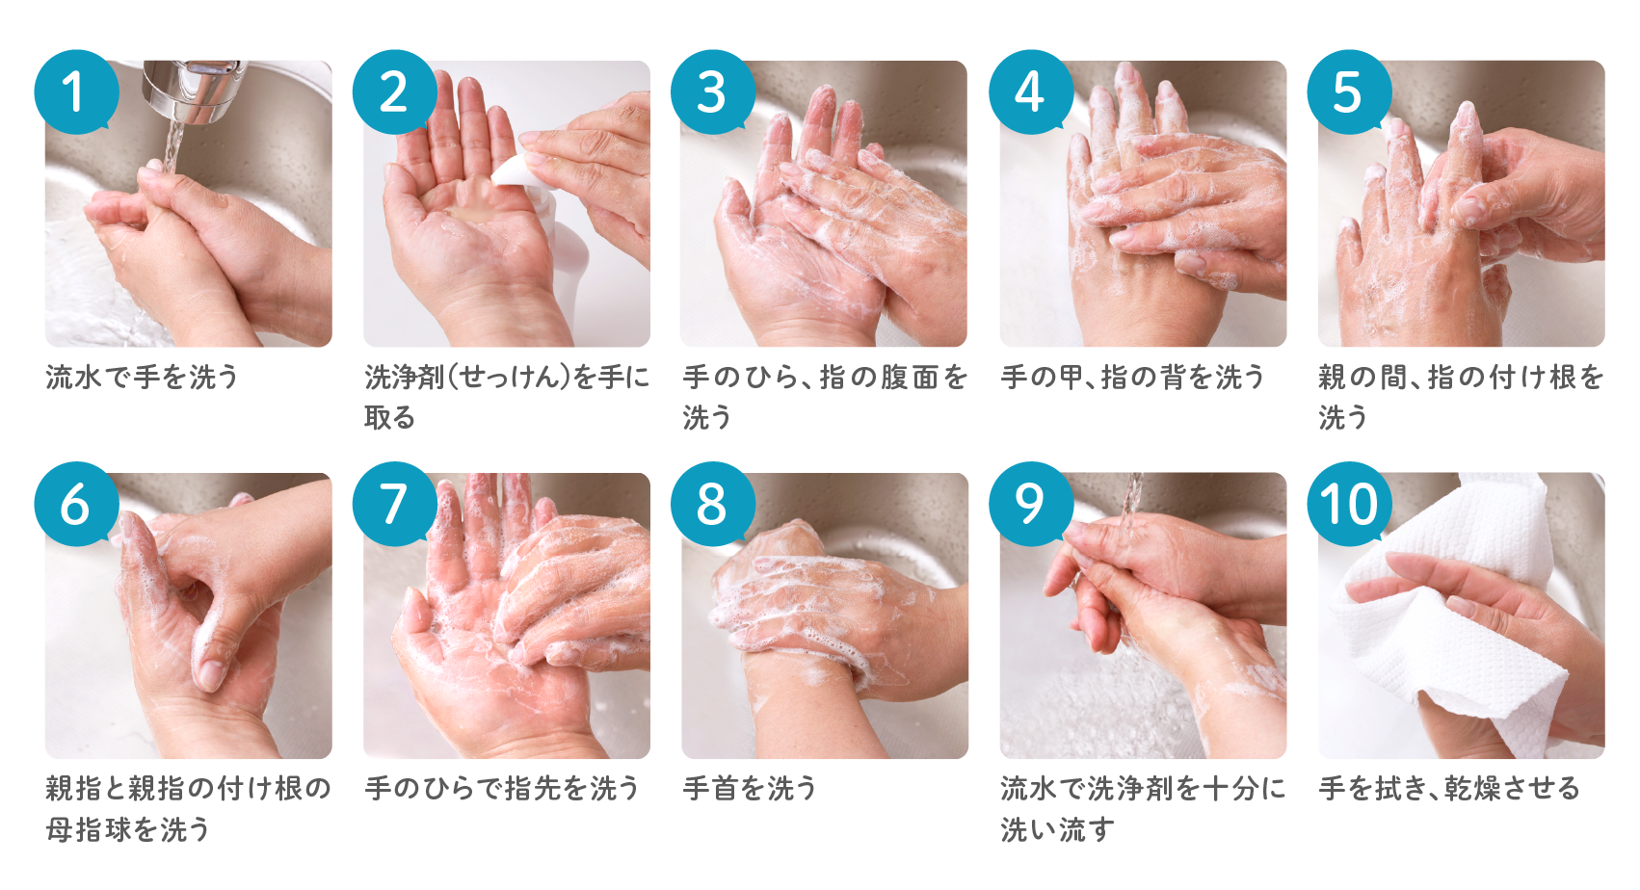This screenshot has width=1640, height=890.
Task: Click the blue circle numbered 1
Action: (x=76, y=92)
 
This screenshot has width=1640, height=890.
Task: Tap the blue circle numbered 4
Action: (x=1031, y=92)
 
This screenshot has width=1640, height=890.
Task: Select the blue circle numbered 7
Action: (x=395, y=505)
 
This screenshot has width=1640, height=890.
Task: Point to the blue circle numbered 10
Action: (x=1349, y=505)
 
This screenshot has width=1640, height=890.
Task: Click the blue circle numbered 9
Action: (x=1031, y=505)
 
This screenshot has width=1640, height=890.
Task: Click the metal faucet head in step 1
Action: (x=194, y=90)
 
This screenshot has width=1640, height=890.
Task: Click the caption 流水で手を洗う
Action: (x=142, y=377)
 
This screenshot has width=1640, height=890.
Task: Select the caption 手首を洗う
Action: (x=749, y=789)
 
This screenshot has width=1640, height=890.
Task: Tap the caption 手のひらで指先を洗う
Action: (x=502, y=789)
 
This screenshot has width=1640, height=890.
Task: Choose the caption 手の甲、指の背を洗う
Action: (x=1132, y=377)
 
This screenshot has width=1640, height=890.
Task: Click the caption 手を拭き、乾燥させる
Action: (x=1449, y=789)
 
